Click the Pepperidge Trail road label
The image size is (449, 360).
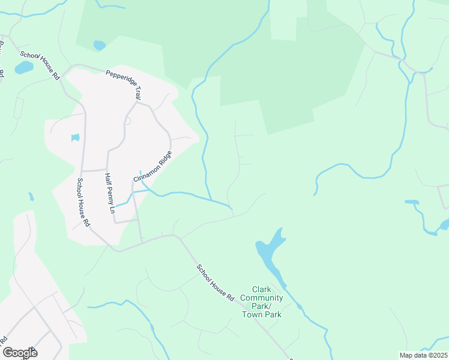click(x=124, y=84)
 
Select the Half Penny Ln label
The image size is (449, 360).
click(x=109, y=193)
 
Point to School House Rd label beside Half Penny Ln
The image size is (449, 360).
click(x=83, y=202)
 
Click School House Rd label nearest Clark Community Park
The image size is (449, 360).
click(x=215, y=282)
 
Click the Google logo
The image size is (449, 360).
click(x=20, y=352)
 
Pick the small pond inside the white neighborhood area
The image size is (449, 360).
click(x=75, y=138)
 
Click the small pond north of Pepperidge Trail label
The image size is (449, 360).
click(x=100, y=45)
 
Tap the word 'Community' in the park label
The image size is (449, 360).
click(x=262, y=298)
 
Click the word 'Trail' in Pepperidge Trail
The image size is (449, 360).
click(x=137, y=92)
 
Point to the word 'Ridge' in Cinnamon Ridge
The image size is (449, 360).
click(x=164, y=158)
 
